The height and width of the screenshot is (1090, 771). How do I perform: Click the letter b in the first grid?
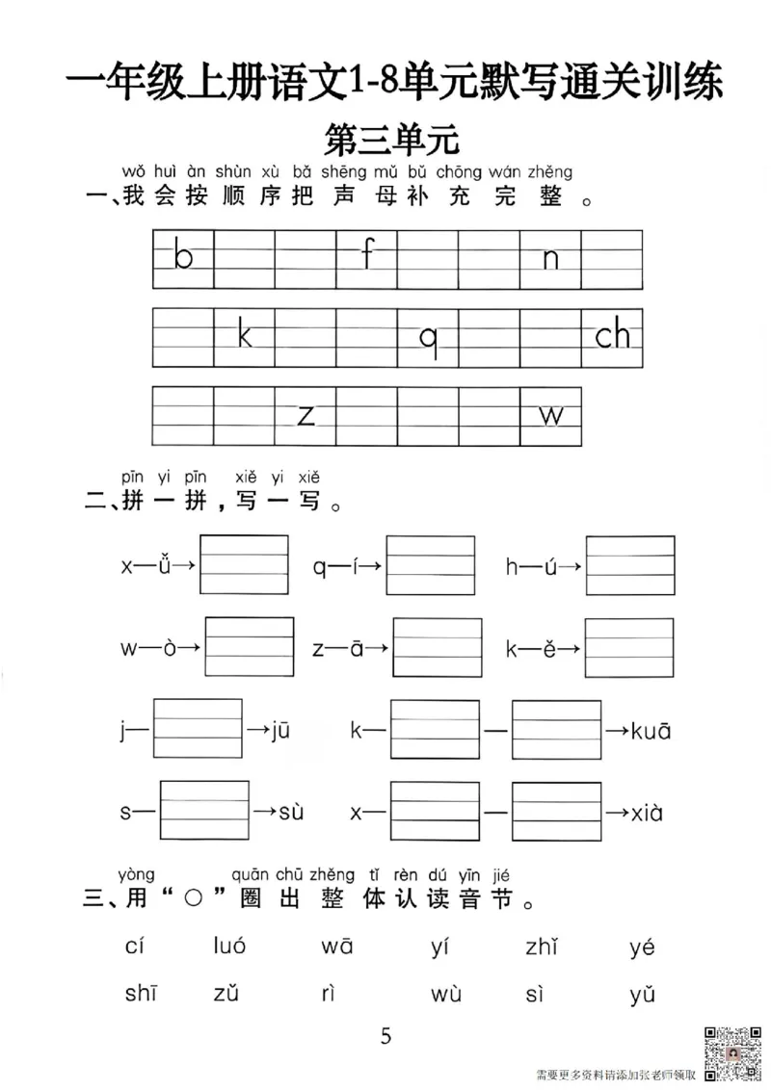point(183,257)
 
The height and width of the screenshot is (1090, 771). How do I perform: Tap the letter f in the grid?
point(367,256)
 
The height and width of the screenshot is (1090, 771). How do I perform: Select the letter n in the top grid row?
point(550,259)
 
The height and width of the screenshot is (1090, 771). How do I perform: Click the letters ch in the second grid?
point(612,335)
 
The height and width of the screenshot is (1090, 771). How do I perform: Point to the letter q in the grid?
point(428,339)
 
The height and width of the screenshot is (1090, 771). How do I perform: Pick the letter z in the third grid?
point(306,416)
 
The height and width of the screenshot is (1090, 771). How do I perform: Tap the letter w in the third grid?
point(550,416)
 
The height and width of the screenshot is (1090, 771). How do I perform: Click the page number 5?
point(386,1036)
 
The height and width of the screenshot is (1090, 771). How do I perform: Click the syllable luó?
point(229,946)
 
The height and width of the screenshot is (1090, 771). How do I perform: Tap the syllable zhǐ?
point(542,946)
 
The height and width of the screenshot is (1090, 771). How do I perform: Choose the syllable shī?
point(140,995)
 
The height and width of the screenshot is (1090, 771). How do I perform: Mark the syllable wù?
point(446,995)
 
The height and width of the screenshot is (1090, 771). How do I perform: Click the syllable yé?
point(642,946)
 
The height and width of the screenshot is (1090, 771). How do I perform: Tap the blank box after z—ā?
point(438,649)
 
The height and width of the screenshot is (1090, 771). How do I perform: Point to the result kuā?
point(651,732)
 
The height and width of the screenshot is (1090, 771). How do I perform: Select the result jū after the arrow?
point(279,732)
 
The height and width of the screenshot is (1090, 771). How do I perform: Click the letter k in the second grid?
point(244,335)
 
